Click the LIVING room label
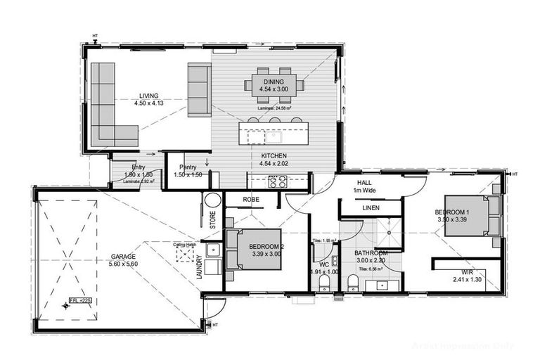click(148, 96)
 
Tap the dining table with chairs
click(274, 85)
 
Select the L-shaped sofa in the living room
click(109, 105)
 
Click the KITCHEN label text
click(274, 155)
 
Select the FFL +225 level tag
click(80, 300)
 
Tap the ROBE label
click(252, 200)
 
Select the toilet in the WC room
click(324, 283)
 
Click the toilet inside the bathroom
click(353, 283)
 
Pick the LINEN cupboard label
click(371, 209)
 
